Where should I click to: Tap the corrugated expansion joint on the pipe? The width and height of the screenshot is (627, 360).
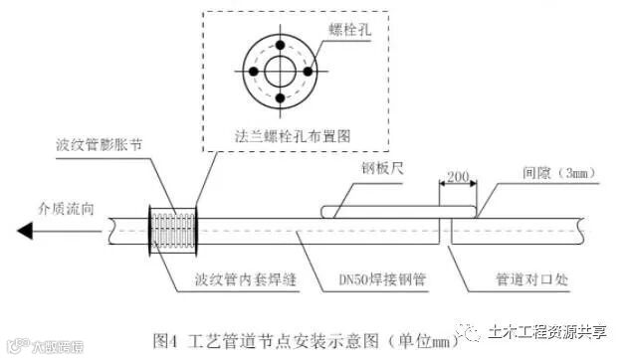pos(173,231)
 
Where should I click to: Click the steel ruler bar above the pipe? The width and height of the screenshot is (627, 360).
pos(398,211)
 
